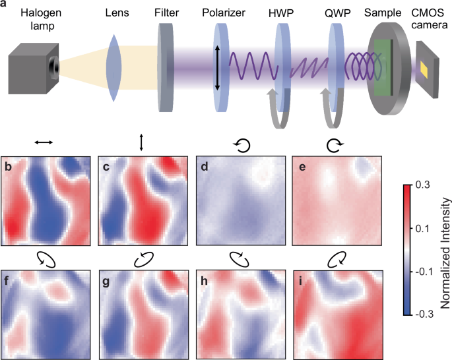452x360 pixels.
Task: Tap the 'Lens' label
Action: (x=117, y=12)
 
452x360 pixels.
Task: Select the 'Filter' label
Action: (x=169, y=12)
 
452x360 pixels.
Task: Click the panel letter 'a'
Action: (x=5, y=5)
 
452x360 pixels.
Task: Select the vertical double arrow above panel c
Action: (x=140, y=142)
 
